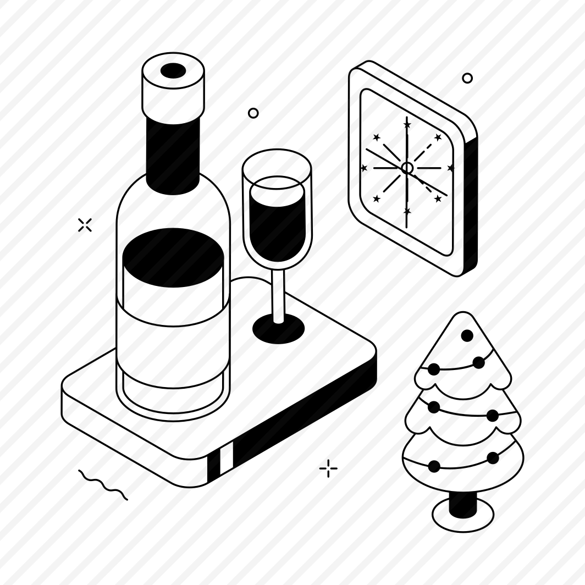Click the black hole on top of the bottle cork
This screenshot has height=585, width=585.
[x=173, y=70]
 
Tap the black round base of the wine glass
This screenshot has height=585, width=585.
[x=278, y=330]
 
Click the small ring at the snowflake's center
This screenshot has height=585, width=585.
[x=407, y=168]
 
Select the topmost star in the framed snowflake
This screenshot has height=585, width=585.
[x=407, y=125]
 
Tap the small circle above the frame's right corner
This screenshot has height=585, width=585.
[x=467, y=78]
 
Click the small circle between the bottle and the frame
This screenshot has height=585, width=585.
[x=253, y=113]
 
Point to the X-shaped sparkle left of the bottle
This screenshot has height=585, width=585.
[x=85, y=224]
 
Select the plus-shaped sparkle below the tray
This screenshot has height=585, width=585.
[x=328, y=468]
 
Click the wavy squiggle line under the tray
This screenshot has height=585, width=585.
[x=103, y=484]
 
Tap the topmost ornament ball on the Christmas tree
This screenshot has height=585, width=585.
[x=467, y=335]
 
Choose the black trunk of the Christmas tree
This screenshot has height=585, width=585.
[x=462, y=504]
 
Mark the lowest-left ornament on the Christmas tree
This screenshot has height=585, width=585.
[x=434, y=466]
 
